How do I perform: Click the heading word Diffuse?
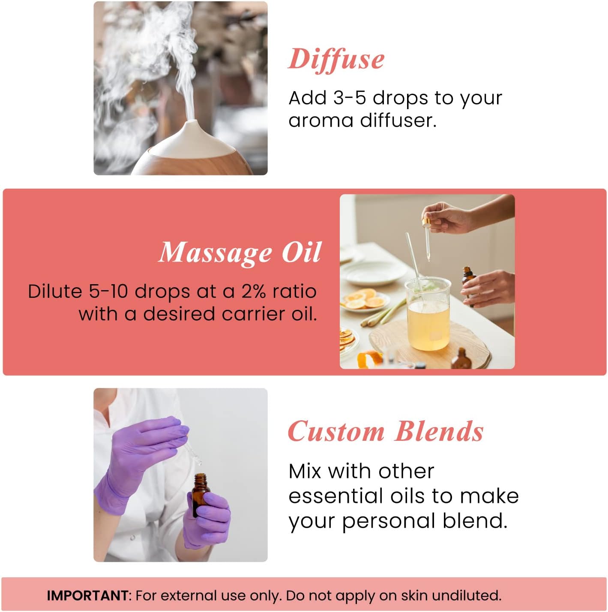pos(336,59)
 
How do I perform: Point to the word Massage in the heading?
pos(216,253)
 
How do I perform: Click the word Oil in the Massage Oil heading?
pos(301,253)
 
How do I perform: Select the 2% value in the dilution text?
pos(254,291)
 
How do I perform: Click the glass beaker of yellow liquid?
pos(428,315)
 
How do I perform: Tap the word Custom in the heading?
pos(336,431)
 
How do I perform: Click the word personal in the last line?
pos(389,521)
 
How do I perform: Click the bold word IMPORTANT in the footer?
pos(87,596)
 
